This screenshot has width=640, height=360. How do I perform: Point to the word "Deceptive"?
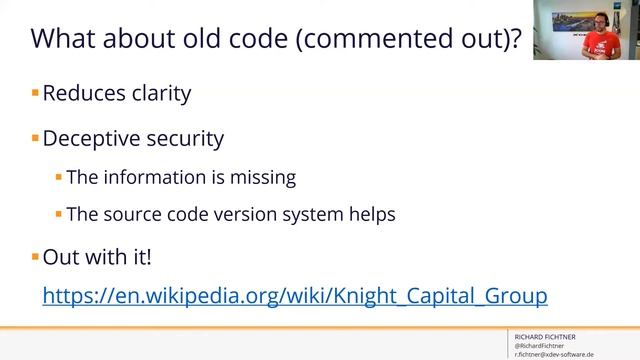[x=94, y=138]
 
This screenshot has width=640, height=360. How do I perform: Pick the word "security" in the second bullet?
[x=187, y=139]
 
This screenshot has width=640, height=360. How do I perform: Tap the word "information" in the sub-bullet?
[x=154, y=177]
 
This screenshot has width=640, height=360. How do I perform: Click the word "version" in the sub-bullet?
[x=262, y=213]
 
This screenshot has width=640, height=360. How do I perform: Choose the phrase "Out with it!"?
[x=97, y=256]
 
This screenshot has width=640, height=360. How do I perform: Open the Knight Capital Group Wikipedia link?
[x=294, y=296]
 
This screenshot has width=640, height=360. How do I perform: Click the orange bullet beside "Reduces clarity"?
[x=35, y=93]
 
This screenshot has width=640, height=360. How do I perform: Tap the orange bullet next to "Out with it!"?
[x=35, y=256]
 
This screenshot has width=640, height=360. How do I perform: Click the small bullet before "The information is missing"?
[x=58, y=177]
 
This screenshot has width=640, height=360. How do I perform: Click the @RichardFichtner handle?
[x=539, y=346]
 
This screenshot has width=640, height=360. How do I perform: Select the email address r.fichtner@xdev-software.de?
[x=554, y=355]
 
